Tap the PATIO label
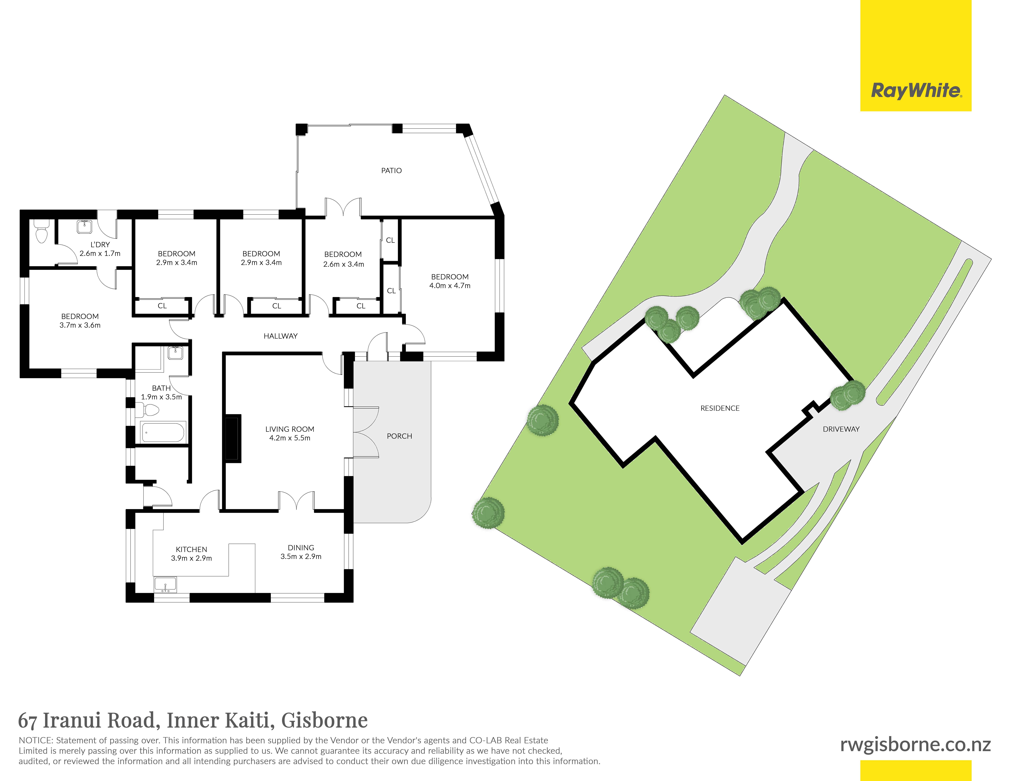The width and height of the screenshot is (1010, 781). point(391,171)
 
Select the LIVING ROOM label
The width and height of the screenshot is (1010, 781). point(289,429)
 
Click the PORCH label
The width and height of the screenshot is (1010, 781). point(399,436)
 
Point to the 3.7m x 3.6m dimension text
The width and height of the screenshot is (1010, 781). point(80,325)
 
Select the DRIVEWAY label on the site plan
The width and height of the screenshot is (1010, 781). point(841,429)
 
